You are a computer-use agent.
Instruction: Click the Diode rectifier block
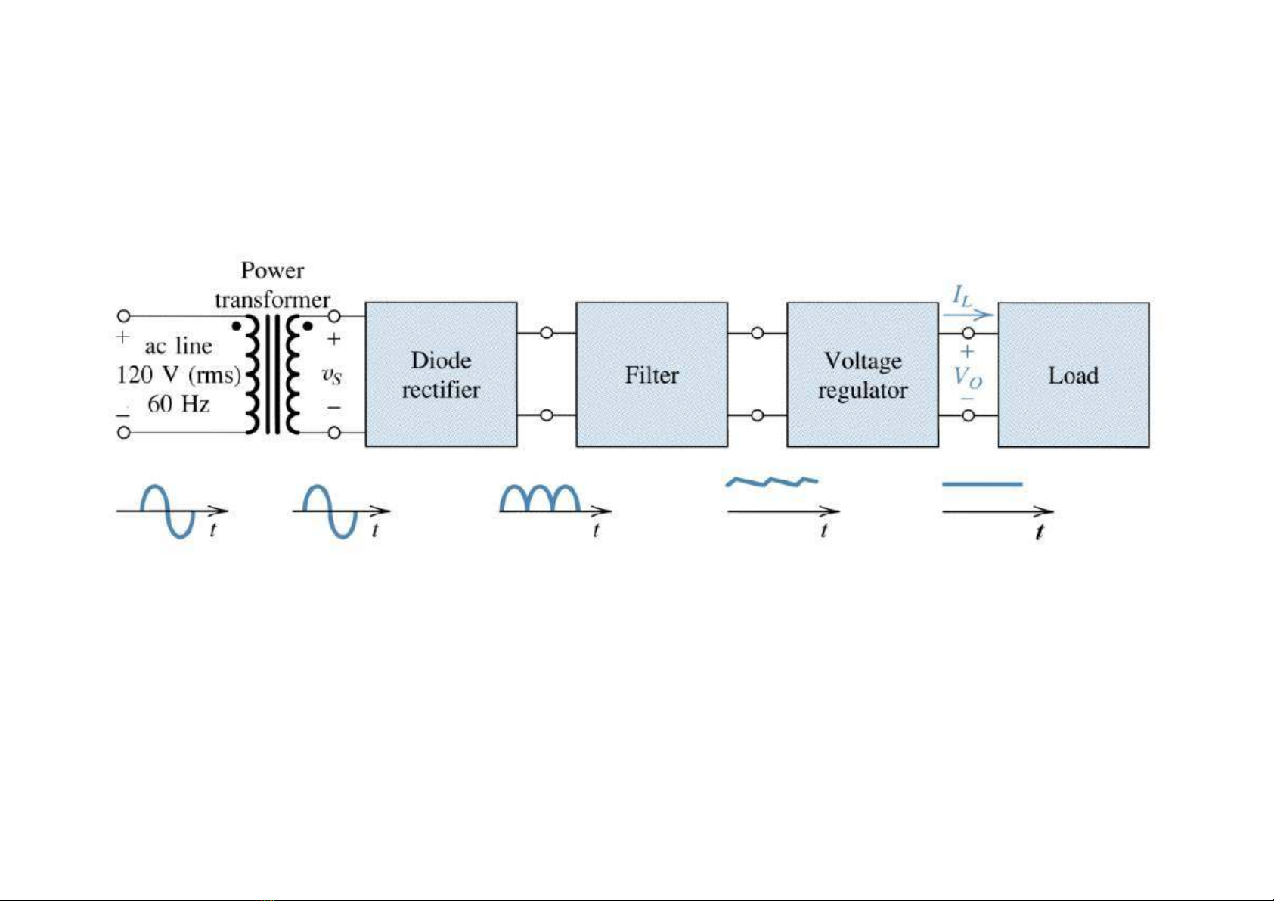441,374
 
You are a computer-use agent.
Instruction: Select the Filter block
652,374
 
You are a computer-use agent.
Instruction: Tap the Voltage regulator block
863,374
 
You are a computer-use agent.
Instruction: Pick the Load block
1074,374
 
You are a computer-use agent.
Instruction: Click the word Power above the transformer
272,270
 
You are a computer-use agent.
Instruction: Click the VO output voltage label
967,376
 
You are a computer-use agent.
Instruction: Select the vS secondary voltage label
332,374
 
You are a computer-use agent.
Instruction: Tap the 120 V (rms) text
178,374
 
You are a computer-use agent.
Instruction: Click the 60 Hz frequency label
178,404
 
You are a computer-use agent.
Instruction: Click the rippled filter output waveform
771,481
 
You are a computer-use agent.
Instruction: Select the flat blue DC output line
982,484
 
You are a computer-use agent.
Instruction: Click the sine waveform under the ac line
168,511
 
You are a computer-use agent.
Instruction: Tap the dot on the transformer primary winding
237,327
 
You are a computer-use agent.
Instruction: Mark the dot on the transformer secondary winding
307,327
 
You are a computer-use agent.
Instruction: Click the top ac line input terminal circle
124,316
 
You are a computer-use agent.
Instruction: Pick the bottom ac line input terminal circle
124,432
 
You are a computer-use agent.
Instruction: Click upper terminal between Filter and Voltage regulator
757,333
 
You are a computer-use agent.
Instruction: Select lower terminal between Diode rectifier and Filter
547,415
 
